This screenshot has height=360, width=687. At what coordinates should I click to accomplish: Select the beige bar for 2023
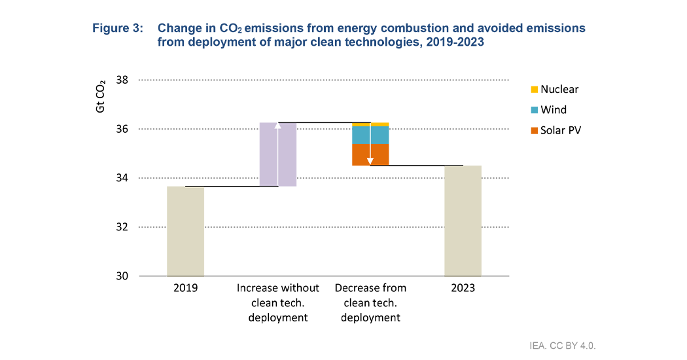[463, 221]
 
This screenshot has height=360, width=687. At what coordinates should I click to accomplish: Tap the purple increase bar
[278, 154]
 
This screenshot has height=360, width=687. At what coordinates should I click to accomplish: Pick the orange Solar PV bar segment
[370, 154]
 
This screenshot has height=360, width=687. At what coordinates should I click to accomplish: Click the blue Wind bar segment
[370, 135]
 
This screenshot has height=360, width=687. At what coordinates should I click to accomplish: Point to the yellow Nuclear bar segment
[370, 124]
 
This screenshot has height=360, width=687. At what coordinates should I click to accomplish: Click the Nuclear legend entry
[554, 90]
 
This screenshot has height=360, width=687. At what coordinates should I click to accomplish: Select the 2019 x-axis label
[185, 288]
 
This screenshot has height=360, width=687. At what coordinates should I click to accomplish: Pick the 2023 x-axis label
[463, 288]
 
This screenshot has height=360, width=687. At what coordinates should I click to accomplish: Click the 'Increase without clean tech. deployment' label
[278, 302]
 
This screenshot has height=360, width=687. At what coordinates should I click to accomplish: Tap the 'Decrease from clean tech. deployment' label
[370, 302]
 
